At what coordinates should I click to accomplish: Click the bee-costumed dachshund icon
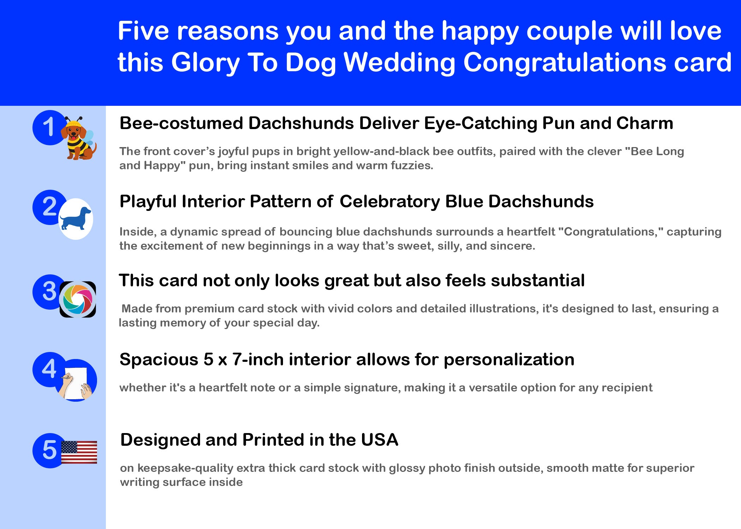tap(78, 138)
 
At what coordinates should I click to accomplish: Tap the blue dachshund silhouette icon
tap(76, 219)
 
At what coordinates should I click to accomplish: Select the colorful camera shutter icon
tap(78, 299)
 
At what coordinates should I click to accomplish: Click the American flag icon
tap(79, 452)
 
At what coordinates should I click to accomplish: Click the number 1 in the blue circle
tap(48, 127)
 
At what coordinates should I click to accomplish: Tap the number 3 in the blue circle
tap(49, 291)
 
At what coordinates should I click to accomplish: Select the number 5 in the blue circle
tap(49, 450)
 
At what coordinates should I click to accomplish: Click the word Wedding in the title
tap(399, 63)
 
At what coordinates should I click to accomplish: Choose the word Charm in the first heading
tap(645, 123)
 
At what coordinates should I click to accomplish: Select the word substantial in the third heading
tap(538, 281)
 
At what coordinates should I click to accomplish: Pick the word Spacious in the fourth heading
tap(159, 360)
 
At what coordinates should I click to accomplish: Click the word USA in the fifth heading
tap(380, 440)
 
